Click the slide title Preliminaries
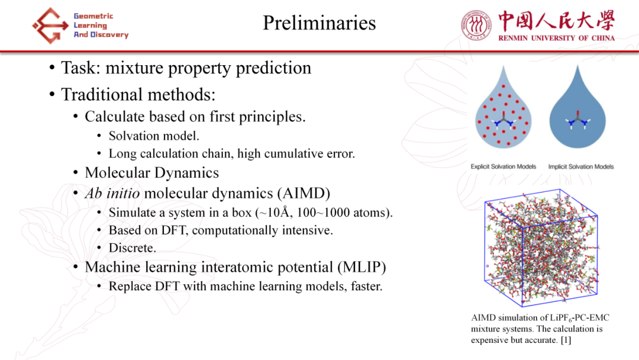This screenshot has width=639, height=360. [319, 23]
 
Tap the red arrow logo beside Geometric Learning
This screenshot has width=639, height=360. [50, 25]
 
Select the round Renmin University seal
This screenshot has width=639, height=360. [476, 25]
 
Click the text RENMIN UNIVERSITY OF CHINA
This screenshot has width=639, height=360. [556, 38]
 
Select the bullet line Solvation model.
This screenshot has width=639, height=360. [154, 136]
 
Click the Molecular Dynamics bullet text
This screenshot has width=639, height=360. [151, 173]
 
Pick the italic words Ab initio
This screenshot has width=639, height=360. [112, 193]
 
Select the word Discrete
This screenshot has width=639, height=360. [132, 248]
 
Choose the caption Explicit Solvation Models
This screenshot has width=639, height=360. [504, 166]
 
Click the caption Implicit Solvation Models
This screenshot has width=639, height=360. [581, 166]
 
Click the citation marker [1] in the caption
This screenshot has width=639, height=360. [566, 340]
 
